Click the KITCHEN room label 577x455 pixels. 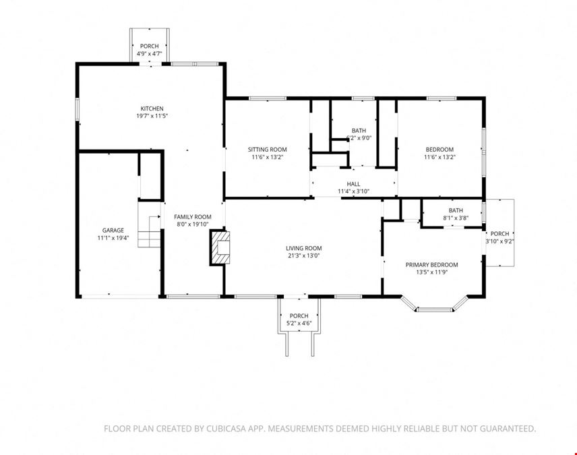(x=152, y=109)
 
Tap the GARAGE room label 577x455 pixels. (x=113, y=231)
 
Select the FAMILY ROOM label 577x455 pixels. (x=193, y=217)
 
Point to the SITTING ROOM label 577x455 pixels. (x=267, y=150)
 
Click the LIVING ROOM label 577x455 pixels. (x=304, y=248)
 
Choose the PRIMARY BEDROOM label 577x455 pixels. (x=431, y=265)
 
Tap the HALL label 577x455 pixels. (x=353, y=184)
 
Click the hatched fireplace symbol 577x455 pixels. (x=220, y=247)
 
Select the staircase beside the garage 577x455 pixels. (x=150, y=224)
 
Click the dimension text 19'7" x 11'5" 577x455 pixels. (x=152, y=116)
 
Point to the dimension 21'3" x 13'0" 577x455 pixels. (x=304, y=255)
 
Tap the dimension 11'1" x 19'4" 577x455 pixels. (x=113, y=238)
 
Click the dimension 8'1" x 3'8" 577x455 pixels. (x=456, y=218)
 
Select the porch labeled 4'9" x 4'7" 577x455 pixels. (x=150, y=46)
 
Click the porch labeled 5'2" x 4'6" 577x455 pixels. (x=299, y=316)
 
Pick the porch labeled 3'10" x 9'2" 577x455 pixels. (x=499, y=233)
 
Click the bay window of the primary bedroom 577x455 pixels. (x=434, y=309)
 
